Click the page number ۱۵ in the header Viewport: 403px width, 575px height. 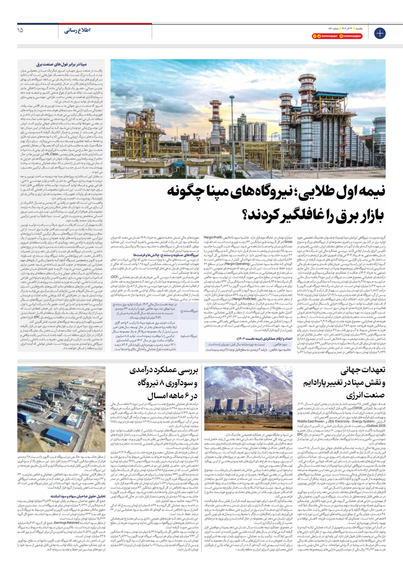[20, 30]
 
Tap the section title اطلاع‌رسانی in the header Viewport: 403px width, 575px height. [77, 30]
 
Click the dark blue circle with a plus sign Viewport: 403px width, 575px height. [380, 33]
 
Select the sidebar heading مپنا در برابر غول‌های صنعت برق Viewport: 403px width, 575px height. [61, 64]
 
